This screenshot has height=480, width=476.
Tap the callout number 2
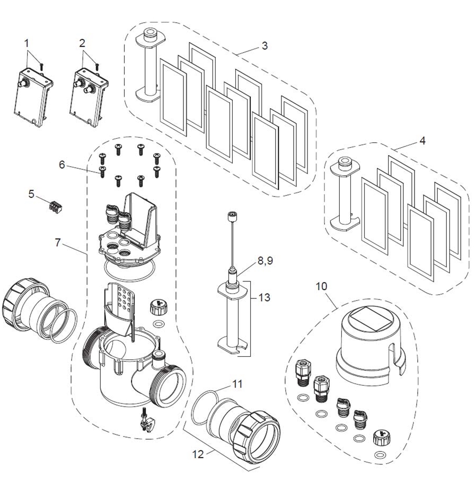tap(82, 43)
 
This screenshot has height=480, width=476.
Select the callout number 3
tap(265, 46)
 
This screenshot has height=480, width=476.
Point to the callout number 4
tap(422, 141)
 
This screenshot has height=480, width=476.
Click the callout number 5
tap(31, 194)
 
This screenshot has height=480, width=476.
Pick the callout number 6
tap(62, 165)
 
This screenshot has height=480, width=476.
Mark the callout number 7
tap(58, 243)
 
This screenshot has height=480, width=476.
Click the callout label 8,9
tap(265, 261)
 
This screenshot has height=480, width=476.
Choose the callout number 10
tap(321, 286)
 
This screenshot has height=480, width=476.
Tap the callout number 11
tap(237, 384)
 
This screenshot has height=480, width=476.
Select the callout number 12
tap(198, 455)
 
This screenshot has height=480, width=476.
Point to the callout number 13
tap(265, 297)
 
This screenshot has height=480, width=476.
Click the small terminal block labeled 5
tap(56, 207)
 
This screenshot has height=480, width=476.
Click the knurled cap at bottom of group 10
tap(380, 439)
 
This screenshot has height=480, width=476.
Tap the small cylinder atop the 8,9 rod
tap(233, 216)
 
